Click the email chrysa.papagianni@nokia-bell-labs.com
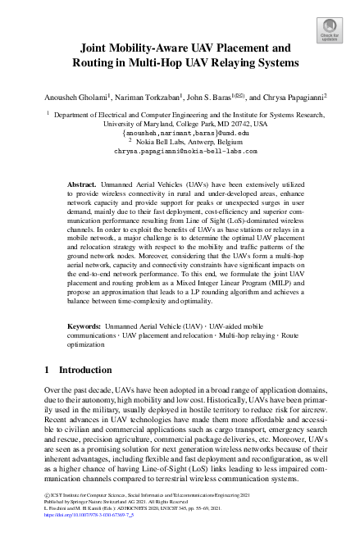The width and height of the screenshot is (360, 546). click(x=180, y=152)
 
